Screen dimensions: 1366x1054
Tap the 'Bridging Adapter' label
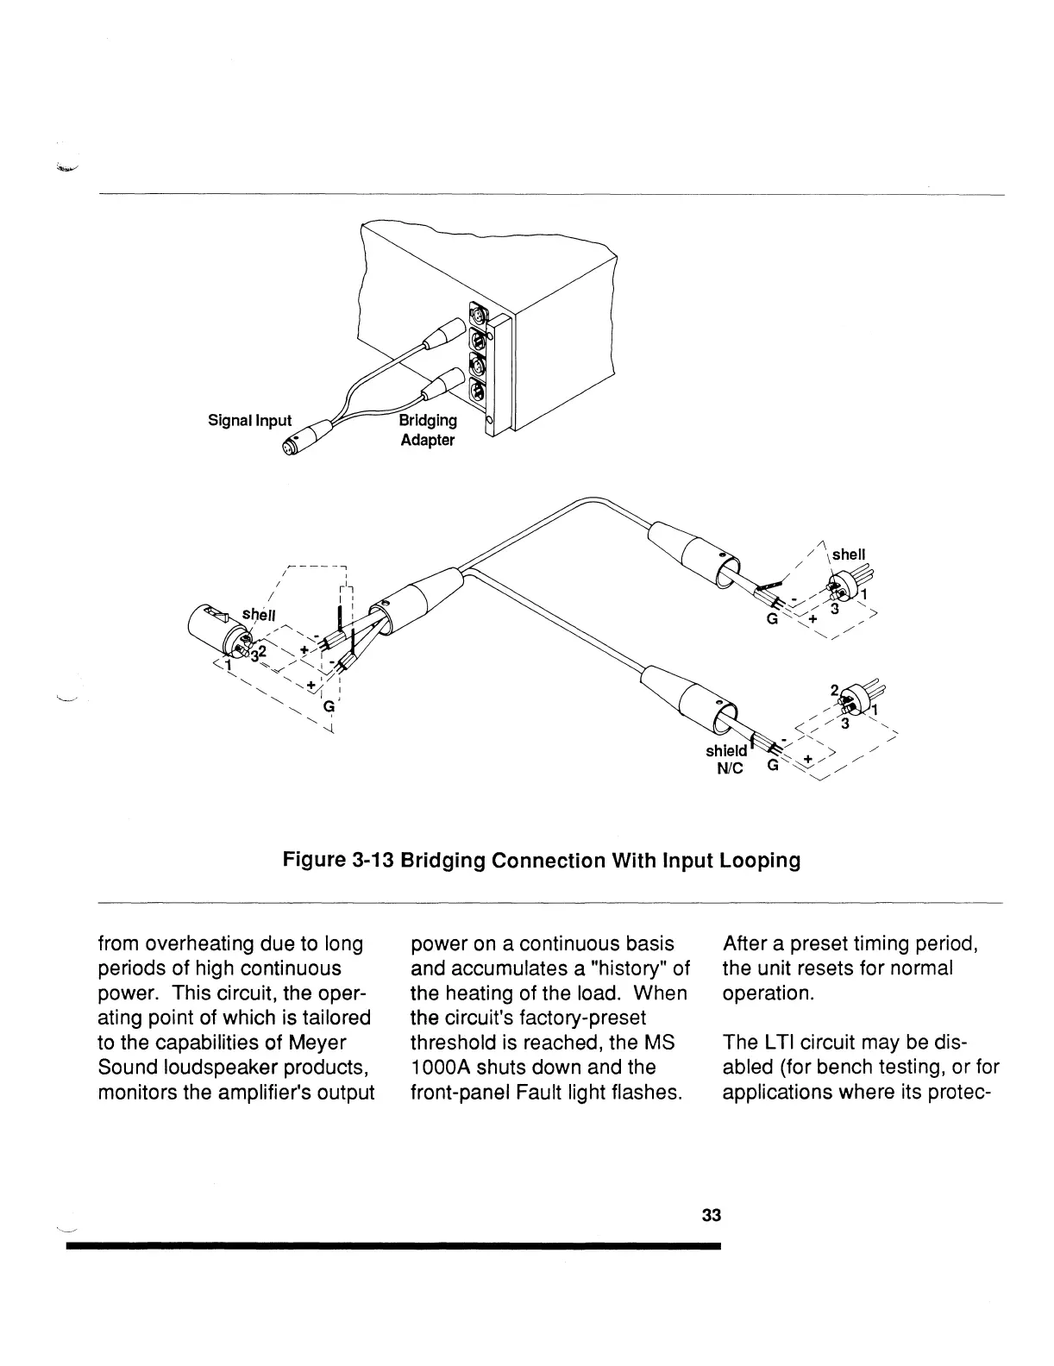click(427, 430)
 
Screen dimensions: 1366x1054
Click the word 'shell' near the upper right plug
click(849, 554)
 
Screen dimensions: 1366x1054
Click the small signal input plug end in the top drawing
click(288, 446)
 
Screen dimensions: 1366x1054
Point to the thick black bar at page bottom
click(392, 1246)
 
